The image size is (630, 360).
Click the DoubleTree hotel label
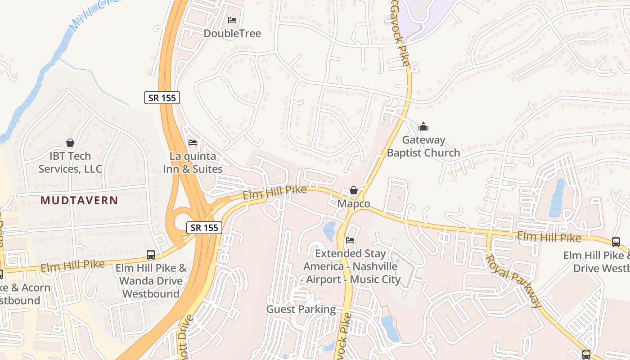click(232, 33)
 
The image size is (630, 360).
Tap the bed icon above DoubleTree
click(232, 20)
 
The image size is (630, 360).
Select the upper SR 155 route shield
click(162, 98)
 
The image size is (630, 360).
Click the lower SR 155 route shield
click(205, 227)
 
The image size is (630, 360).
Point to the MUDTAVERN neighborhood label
click(79, 201)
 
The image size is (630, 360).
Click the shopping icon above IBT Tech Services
click(70, 143)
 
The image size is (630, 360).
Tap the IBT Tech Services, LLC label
click(70, 162)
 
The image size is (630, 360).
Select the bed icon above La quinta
click(193, 143)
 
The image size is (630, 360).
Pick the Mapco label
click(354, 204)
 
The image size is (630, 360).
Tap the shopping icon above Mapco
click(354, 191)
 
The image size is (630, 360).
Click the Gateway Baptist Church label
click(423, 146)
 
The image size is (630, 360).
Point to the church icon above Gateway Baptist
click(423, 127)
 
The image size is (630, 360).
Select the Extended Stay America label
click(350, 266)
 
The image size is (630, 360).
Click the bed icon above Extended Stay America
click(350, 240)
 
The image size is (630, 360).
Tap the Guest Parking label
click(301, 309)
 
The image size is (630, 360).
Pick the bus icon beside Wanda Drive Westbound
click(151, 255)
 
